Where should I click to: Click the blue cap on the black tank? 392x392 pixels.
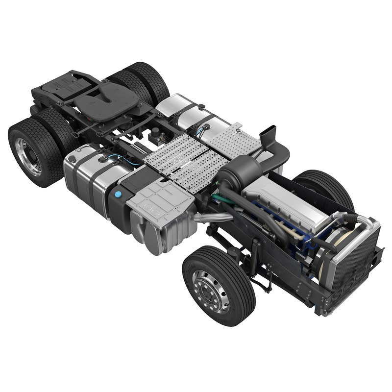click(x=118, y=195)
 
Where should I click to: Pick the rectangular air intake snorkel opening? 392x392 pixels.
click(x=269, y=133)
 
